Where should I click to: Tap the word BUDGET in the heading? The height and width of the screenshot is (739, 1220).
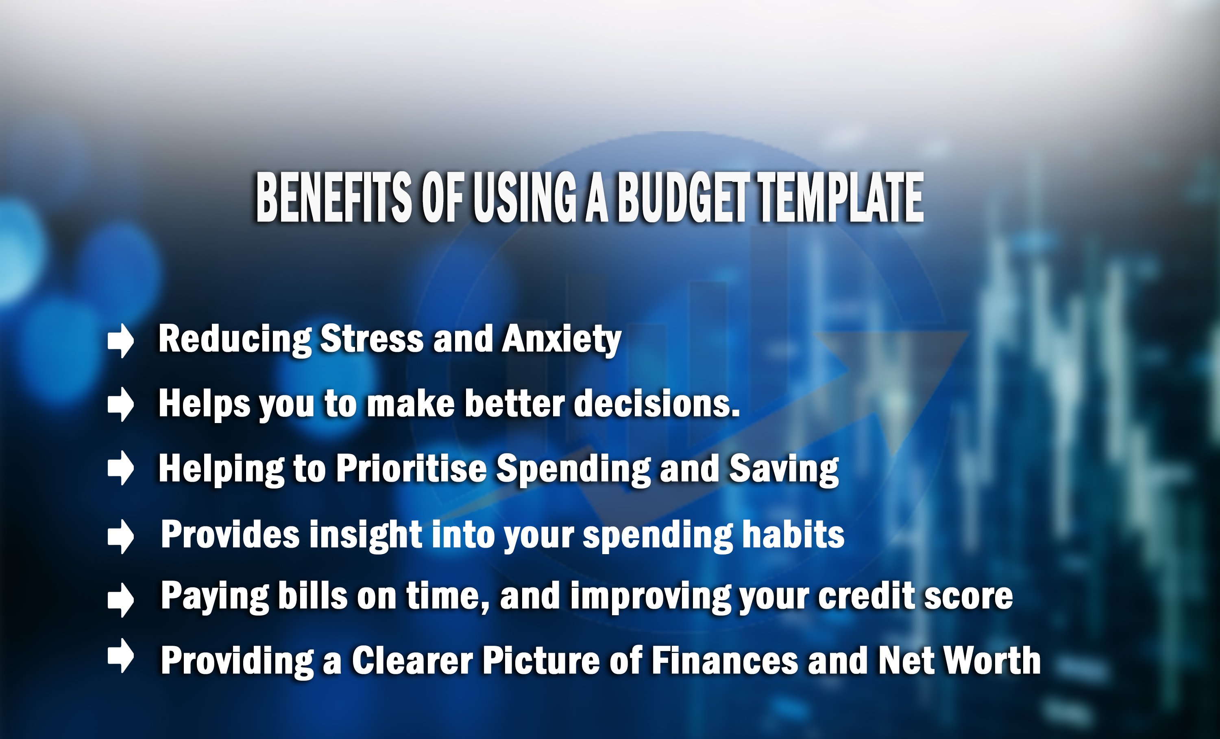pyautogui.click(x=688, y=198)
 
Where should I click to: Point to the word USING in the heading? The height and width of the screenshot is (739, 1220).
pyautogui.click(x=525, y=198)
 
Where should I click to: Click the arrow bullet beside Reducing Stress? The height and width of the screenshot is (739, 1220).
pyautogui.click(x=121, y=340)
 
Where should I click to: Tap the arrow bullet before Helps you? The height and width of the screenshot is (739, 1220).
pyautogui.click(x=121, y=404)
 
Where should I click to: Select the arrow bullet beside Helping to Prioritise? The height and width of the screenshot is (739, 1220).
pyautogui.click(x=121, y=467)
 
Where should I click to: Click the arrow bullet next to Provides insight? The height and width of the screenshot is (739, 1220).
pyautogui.click(x=121, y=536)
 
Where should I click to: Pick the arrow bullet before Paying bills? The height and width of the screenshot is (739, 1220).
pyautogui.click(x=121, y=600)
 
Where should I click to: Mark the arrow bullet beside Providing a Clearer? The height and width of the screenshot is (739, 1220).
pyautogui.click(x=121, y=656)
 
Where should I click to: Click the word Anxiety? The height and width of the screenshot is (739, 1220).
pyautogui.click(x=562, y=340)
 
